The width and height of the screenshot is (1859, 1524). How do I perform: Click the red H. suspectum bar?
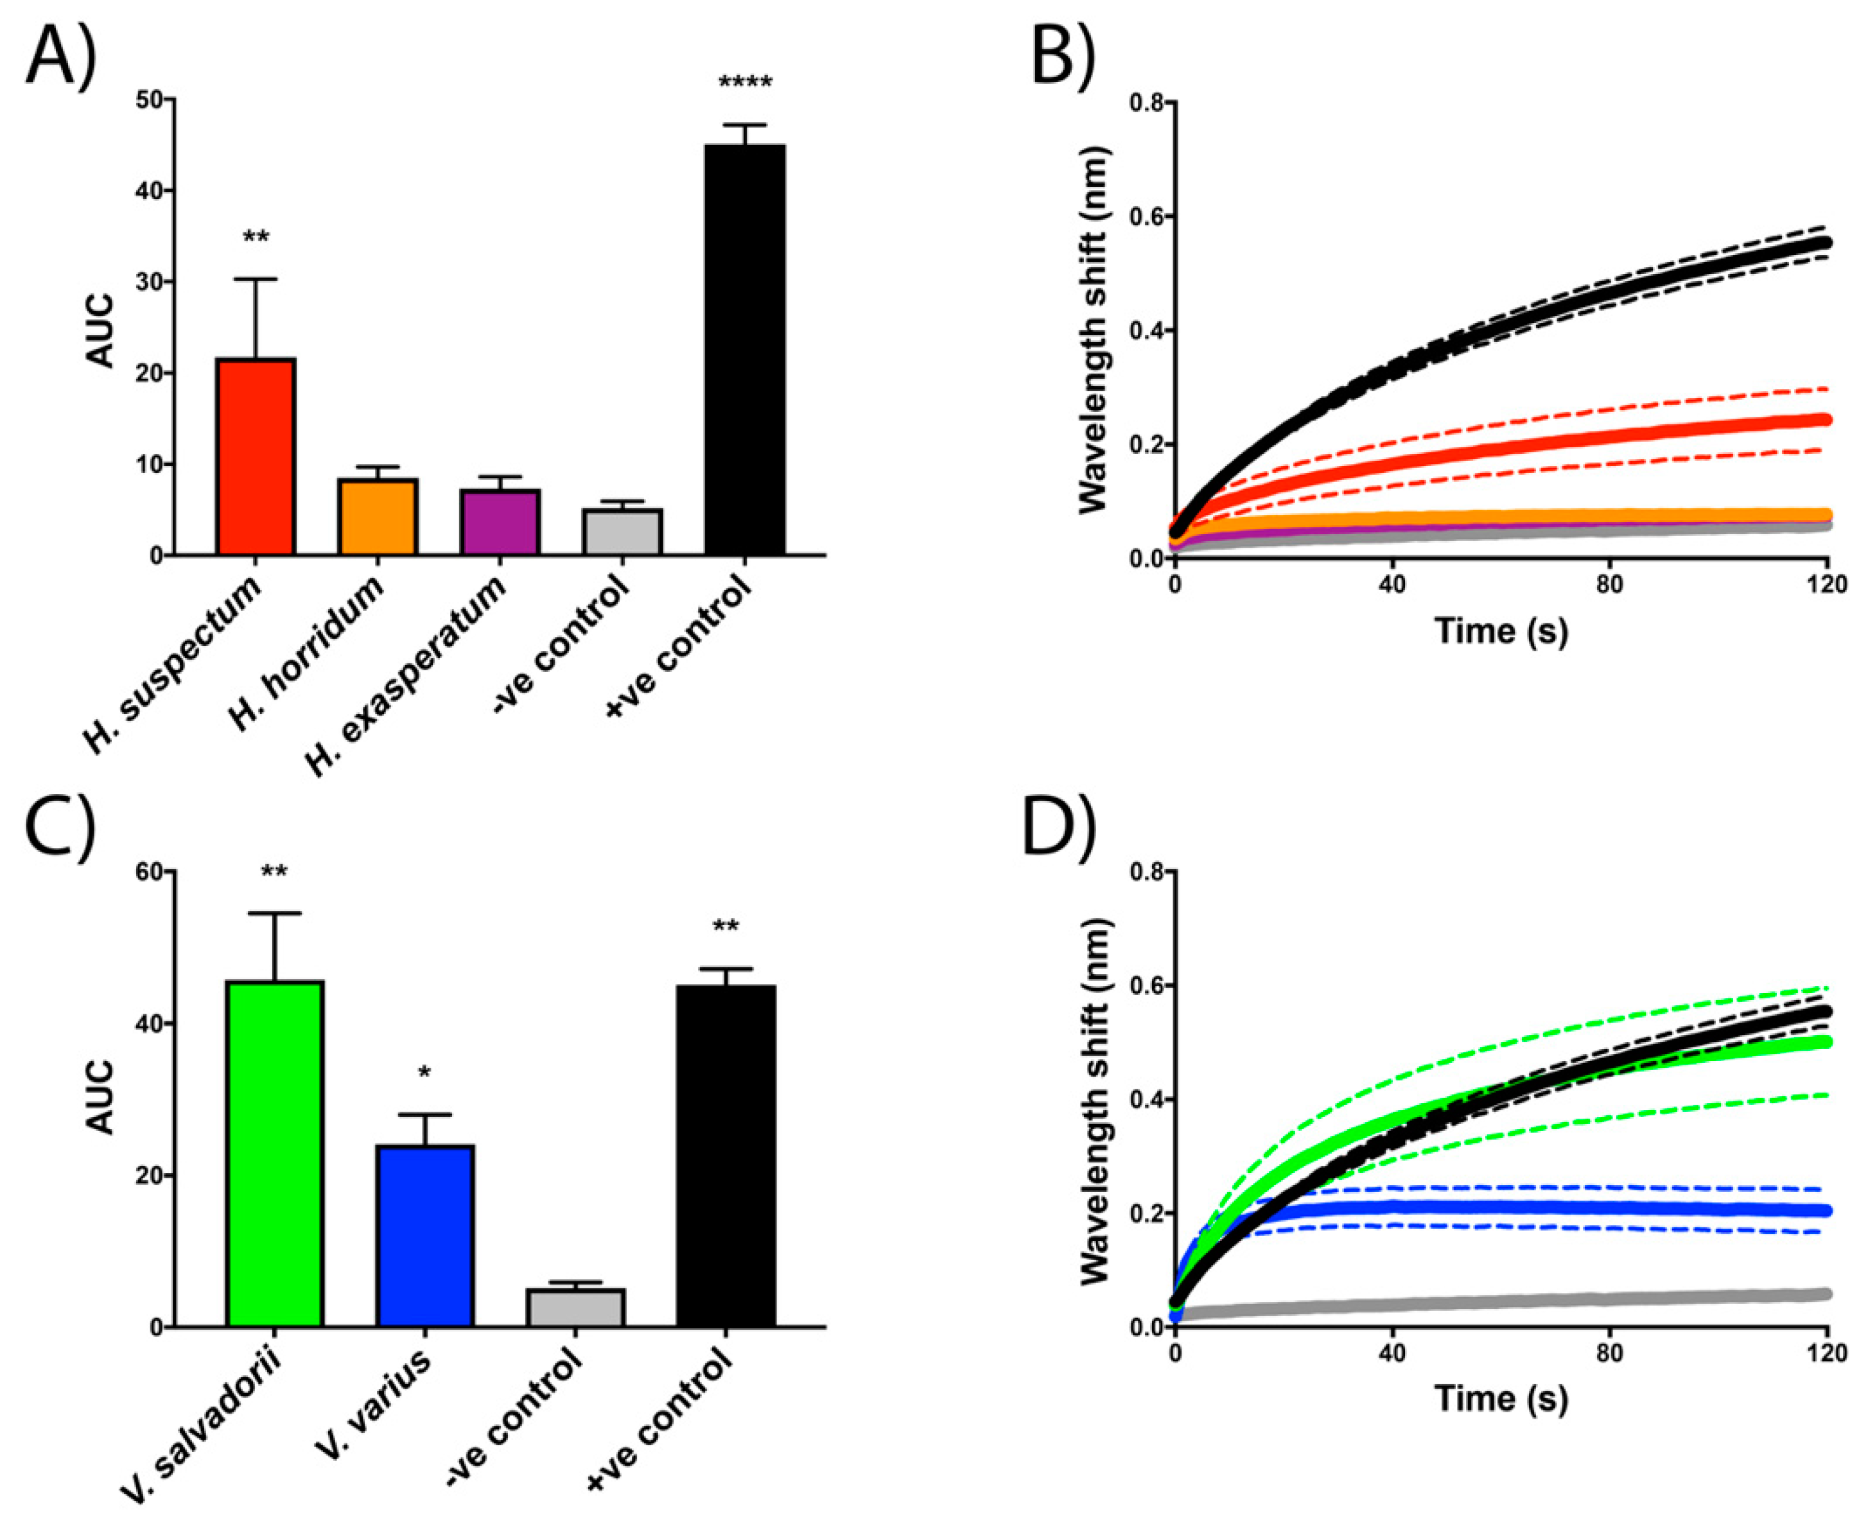pos(256,456)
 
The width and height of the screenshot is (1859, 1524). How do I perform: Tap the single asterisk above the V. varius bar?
pos(425,1073)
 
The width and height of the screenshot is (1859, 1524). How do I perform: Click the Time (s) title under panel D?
pos(1501,1398)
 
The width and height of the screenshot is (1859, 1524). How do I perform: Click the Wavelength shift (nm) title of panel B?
pos(1094,329)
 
